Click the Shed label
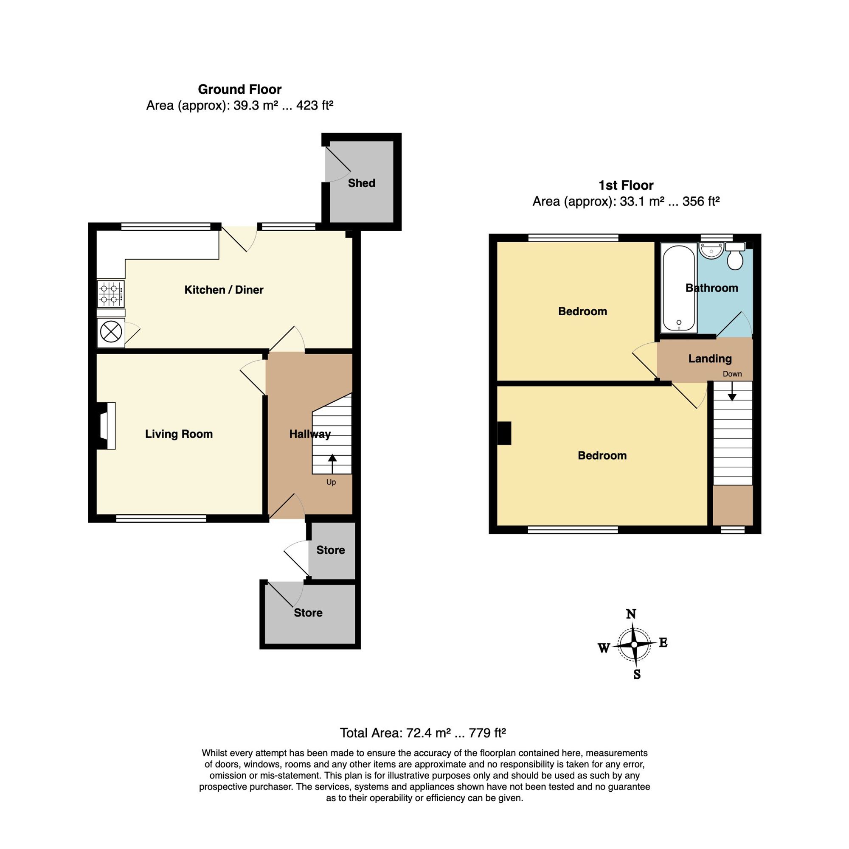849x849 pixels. pos(361,183)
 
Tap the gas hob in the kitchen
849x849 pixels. pos(111,294)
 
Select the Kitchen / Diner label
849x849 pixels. pos(224,290)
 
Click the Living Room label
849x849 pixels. pos(179,434)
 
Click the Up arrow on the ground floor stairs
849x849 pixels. pos(332,464)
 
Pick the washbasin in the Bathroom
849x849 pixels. pos(711,250)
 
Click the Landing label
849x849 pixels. pos(710,359)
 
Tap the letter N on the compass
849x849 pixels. pos(631,614)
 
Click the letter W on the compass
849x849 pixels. pos(604,648)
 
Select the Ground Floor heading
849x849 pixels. pos(239,89)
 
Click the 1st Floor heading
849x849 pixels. pos(626,185)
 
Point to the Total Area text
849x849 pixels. pos(423,733)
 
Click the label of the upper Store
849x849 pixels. pos(331,550)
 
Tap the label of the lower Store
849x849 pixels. pos(308,613)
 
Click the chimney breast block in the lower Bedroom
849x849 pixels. pos(504,433)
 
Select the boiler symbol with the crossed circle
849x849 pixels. pos(111,331)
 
